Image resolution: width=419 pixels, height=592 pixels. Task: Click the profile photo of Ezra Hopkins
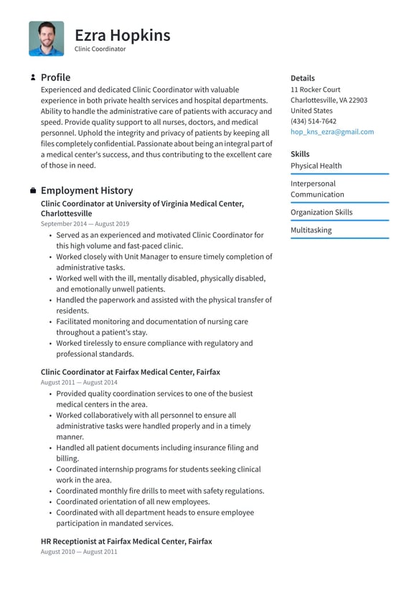coord(46,39)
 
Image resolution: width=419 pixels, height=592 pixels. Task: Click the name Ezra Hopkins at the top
coord(122,34)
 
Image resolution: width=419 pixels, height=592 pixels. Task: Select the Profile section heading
coord(55,77)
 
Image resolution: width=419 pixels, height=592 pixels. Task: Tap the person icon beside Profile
coord(33,77)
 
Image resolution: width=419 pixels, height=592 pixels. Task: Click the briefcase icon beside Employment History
coord(33,191)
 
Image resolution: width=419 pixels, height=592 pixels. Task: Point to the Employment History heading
coord(86,191)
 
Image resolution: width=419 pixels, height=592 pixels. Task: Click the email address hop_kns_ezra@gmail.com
coord(331,132)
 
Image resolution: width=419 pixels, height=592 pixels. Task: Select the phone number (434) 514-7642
coord(313,121)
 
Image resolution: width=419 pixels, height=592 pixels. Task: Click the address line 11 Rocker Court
coord(315,90)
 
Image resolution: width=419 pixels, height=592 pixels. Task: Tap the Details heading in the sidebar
coord(302,78)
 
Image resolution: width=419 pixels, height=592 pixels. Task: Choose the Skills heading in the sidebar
coord(300,154)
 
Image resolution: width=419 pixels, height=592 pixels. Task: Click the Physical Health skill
coord(316,166)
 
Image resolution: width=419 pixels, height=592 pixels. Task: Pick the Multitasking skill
coord(311,230)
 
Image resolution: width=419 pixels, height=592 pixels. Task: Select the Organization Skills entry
coord(321,212)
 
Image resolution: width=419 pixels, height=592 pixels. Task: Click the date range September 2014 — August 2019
coord(85,224)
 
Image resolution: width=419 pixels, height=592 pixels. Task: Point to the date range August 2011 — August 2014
coord(79,382)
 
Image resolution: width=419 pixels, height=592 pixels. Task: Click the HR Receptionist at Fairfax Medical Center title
coord(126,541)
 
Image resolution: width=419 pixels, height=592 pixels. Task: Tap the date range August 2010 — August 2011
coord(79,552)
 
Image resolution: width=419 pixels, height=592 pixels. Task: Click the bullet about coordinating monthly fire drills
coord(160,491)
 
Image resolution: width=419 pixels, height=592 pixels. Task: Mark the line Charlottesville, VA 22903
coord(329,100)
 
